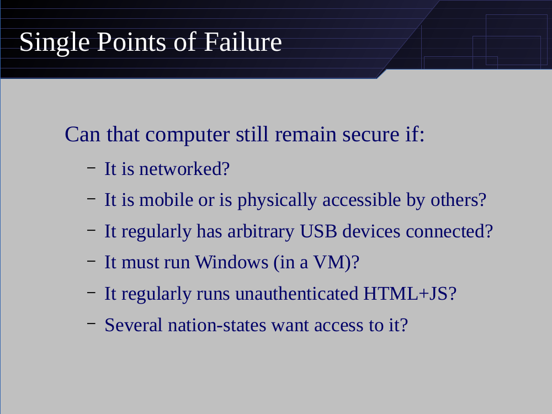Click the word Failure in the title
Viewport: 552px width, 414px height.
click(x=243, y=42)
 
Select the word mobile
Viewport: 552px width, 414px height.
click(x=166, y=200)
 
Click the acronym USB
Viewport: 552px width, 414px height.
click(x=319, y=231)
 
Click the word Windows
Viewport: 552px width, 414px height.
click(x=232, y=262)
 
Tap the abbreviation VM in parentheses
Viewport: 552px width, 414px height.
click(x=329, y=262)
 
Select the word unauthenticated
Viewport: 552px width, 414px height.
click(x=297, y=294)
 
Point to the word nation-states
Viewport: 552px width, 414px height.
click(x=217, y=325)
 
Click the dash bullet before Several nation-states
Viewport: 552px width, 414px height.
click(x=91, y=322)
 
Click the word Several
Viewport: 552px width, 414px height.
click(x=134, y=325)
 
